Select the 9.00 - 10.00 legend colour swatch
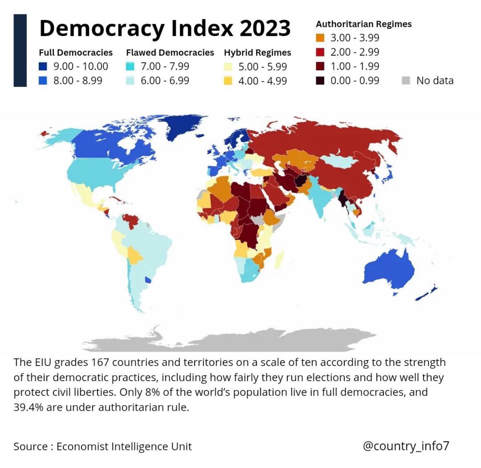pos(43,66)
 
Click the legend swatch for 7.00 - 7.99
pos(130,66)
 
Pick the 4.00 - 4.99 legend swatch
pos(228,81)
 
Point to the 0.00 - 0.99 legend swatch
pos(320,80)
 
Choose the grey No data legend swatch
pos(406,80)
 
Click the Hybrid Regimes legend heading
pos(257,53)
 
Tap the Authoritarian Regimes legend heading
pos(364,24)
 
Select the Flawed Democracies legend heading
pos(170,53)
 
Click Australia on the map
pos(388,267)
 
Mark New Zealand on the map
pos(426,293)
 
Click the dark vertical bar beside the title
pos(20,50)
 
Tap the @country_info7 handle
pos(406,445)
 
